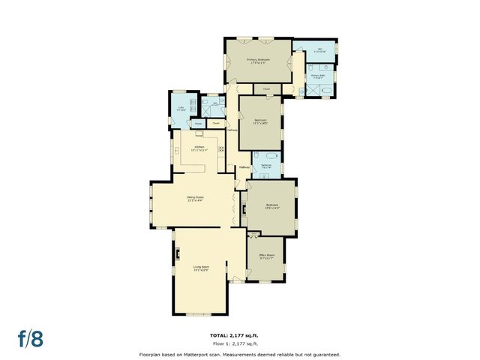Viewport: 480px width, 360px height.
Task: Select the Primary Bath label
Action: [x=318, y=76]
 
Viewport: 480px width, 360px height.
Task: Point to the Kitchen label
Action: [x=199, y=148]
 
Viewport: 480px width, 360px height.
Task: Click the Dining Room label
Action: [x=195, y=199]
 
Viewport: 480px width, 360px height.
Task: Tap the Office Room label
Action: [x=267, y=256]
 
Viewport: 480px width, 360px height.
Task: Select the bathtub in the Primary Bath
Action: [x=326, y=90]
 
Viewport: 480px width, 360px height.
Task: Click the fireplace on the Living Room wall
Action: [x=177, y=253]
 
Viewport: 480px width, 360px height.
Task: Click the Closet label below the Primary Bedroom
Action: [x=267, y=89]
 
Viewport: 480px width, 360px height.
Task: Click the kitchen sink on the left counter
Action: [x=177, y=150]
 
